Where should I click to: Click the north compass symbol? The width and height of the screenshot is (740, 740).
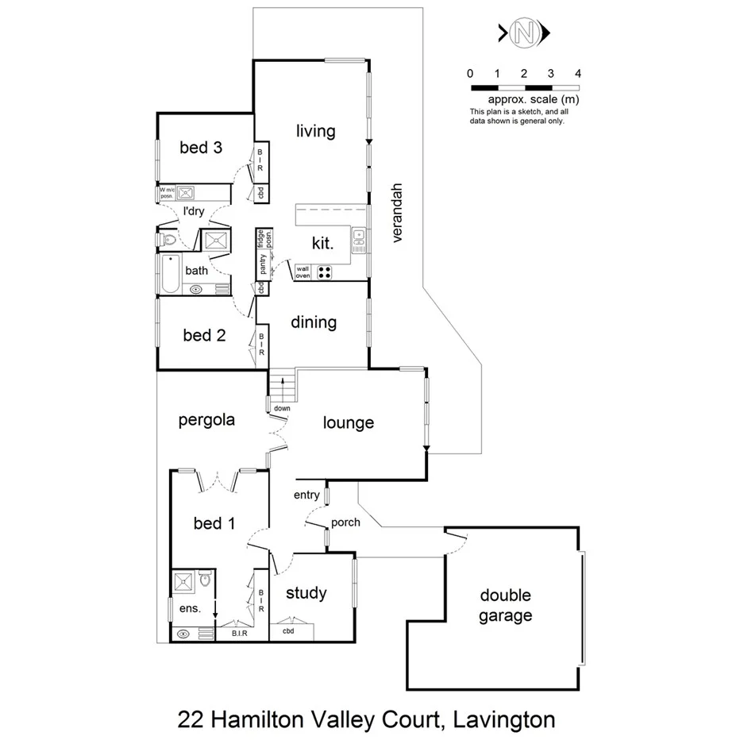(523, 33)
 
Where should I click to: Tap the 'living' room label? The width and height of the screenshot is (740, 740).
(316, 131)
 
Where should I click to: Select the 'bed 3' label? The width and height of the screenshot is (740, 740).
(200, 147)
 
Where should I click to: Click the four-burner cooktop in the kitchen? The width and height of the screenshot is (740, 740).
(326, 272)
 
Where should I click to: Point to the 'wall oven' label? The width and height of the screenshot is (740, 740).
(303, 272)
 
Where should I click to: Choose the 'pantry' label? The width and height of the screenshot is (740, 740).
(262, 264)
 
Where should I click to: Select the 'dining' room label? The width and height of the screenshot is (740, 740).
(313, 322)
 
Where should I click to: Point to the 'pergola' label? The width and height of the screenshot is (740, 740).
(206, 420)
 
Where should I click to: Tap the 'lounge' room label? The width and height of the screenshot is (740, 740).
(348, 423)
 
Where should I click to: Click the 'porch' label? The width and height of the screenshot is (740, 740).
(345, 522)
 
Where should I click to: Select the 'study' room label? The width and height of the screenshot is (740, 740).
(306, 592)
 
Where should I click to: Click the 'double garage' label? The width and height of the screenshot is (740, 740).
(505, 606)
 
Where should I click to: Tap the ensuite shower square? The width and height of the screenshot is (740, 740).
(186, 581)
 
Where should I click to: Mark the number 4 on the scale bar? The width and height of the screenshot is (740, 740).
(578, 74)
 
